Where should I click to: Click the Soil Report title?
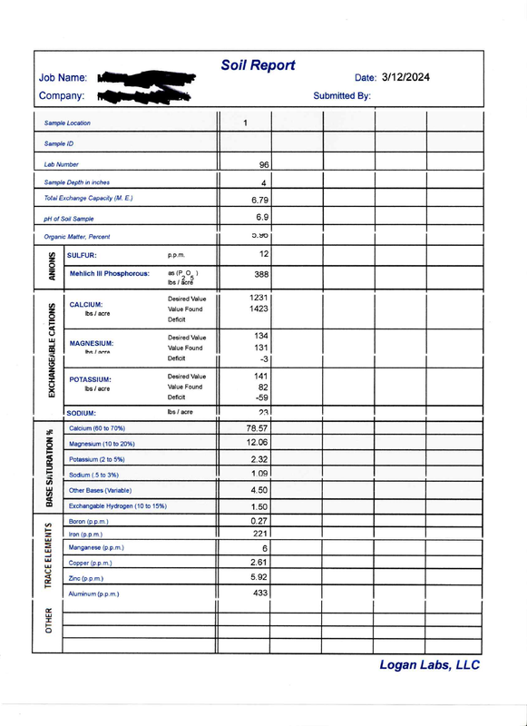tap(259, 65)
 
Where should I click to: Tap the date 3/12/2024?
tap(405, 78)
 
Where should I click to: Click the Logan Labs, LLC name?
tap(429, 665)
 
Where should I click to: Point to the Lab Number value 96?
tap(264, 165)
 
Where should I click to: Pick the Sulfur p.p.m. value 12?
tap(263, 255)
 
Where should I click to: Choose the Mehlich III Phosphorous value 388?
tap(259, 274)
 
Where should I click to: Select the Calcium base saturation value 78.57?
tap(257, 427)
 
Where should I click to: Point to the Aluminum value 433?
tap(260, 593)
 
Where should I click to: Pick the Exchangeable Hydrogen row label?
tap(118, 505)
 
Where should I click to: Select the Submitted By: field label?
tap(341, 95)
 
